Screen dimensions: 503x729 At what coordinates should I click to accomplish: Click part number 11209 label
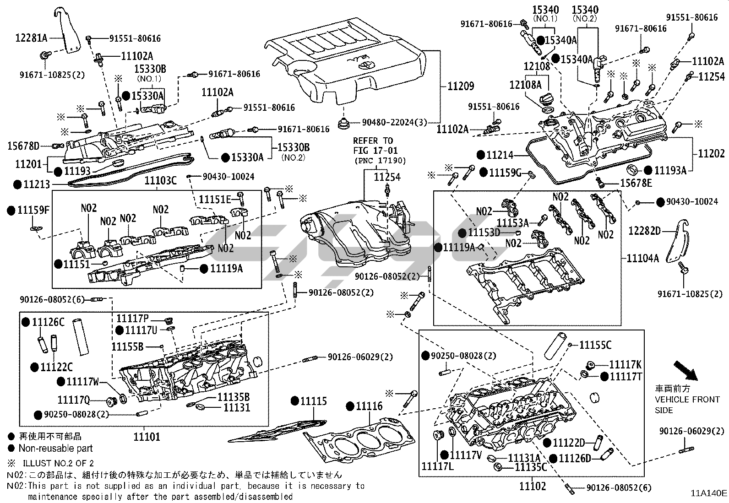[461, 86]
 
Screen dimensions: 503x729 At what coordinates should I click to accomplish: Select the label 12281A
[32, 38]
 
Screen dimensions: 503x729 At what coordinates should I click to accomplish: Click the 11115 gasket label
[314, 401]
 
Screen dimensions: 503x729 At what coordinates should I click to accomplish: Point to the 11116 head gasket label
[369, 406]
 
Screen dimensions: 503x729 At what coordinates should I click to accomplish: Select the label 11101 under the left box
[147, 437]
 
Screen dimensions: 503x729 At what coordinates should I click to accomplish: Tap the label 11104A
[642, 258]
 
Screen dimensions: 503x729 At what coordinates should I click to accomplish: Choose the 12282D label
[644, 231]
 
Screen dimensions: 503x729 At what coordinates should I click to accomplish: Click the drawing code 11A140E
[709, 493]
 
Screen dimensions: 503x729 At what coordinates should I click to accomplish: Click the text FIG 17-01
[375, 150]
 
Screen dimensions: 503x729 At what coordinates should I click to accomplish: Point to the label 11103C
[160, 181]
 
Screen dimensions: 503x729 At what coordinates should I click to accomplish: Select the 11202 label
[711, 154]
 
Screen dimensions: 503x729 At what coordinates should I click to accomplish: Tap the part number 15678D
[23, 146]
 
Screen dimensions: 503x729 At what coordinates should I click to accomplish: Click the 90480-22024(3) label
[394, 122]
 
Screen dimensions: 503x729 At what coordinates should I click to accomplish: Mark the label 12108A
[525, 85]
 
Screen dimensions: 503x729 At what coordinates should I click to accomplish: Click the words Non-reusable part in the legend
[55, 449]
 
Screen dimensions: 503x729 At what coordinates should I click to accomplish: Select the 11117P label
[132, 319]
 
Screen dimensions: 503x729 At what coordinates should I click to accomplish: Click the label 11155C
[595, 345]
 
